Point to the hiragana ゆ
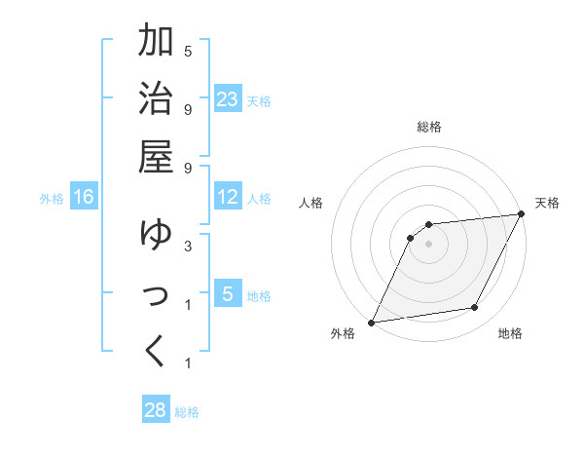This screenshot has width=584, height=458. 157,235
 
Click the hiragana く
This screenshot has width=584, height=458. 157,352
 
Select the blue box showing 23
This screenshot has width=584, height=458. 227,99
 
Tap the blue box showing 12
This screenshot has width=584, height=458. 227,198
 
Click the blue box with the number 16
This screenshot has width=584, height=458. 84,198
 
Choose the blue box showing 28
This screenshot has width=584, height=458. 156,410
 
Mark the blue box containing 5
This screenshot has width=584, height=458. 227,294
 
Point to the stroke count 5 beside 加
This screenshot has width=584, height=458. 187,51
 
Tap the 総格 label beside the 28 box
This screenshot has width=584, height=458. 187,412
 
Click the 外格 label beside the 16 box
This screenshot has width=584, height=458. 52,199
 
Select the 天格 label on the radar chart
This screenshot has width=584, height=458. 547,203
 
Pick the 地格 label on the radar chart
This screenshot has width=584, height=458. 510,333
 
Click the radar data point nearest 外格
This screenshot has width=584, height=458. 371,322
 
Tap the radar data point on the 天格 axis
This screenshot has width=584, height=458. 522,213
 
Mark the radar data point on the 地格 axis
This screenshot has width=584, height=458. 475,308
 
